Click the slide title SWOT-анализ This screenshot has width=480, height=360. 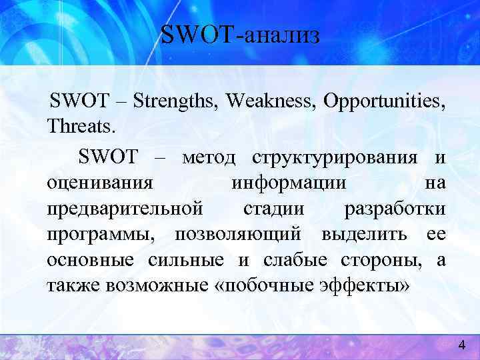click(x=240, y=34)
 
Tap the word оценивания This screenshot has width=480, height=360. click(x=100, y=183)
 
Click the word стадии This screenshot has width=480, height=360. click(x=273, y=209)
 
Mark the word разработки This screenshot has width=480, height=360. click(x=395, y=209)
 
